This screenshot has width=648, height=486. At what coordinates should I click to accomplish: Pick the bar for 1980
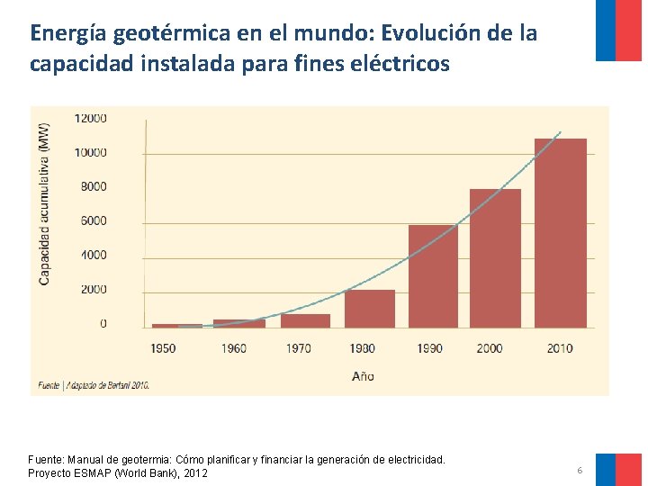(x=369, y=308)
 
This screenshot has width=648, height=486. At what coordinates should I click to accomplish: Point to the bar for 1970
(x=305, y=320)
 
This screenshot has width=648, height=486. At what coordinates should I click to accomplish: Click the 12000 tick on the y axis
(x=90, y=118)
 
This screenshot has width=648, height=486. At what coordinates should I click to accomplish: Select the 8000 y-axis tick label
(x=90, y=186)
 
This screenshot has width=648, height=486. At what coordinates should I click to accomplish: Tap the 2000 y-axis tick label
(x=90, y=289)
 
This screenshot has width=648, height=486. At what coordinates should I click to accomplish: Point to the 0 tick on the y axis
(x=103, y=323)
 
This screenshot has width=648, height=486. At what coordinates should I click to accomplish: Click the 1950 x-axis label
(x=163, y=347)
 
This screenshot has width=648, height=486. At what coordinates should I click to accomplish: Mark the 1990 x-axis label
(x=429, y=347)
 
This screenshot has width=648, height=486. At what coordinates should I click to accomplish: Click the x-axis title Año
(x=363, y=376)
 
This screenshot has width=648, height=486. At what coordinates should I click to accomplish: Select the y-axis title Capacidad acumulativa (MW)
(x=44, y=203)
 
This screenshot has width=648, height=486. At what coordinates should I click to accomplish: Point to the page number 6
(x=580, y=471)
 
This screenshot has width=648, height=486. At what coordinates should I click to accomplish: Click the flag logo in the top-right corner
(x=618, y=30)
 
